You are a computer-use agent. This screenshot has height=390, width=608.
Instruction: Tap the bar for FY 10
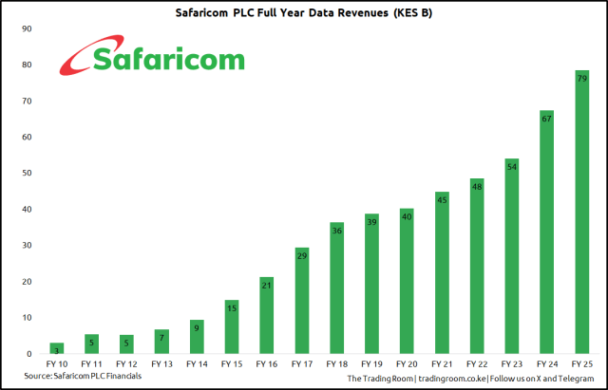pyautogui.click(x=57, y=348)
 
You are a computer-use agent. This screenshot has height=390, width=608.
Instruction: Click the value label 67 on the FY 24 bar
pyautogui.click(x=547, y=119)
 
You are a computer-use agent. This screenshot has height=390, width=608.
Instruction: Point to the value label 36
pyautogui.click(x=337, y=231)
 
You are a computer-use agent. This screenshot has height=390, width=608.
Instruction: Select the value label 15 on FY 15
pyautogui.click(x=232, y=307)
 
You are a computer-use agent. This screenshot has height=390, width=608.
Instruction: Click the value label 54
pyautogui.click(x=512, y=166)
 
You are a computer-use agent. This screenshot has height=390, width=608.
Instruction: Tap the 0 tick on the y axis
pyautogui.click(x=29, y=353)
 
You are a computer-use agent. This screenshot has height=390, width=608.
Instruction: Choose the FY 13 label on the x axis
pyautogui.click(x=161, y=363)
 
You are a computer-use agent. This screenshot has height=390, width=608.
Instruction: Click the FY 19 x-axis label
pyautogui.click(x=371, y=363)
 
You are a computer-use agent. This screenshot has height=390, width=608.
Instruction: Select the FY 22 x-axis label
pyautogui.click(x=477, y=363)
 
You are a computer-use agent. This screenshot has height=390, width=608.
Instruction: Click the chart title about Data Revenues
pyautogui.click(x=304, y=12)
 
